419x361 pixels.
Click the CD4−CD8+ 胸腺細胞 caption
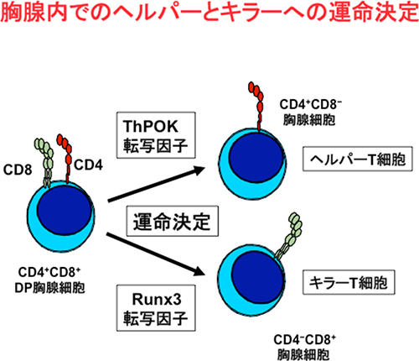310,344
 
